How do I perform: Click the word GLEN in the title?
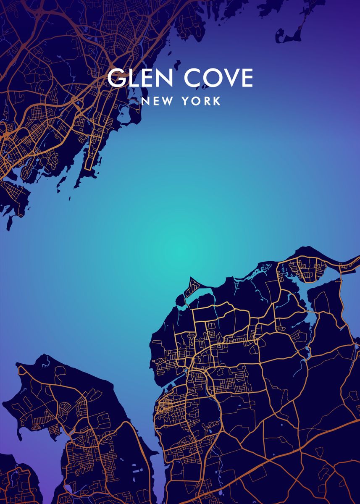point(140,78)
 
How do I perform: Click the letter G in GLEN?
point(116,78)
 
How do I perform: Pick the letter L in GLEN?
point(132,78)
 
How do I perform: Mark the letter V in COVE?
point(231,78)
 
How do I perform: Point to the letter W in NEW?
point(166,101)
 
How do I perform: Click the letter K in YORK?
point(217,101)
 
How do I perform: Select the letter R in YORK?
point(207,101)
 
